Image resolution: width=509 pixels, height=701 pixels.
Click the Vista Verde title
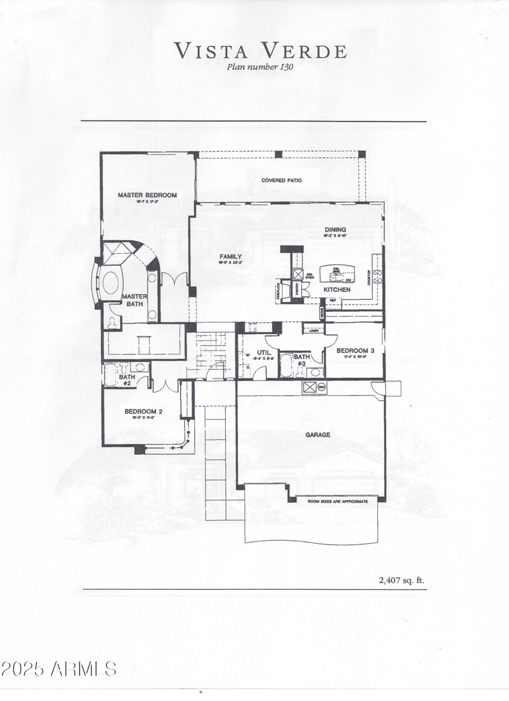261,50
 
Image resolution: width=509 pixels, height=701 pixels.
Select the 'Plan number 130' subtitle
261,66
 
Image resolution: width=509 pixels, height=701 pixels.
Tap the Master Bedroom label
147,195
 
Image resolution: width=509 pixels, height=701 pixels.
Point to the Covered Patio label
281,181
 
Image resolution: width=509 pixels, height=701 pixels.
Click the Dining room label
335,230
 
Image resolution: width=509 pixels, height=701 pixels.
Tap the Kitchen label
337,289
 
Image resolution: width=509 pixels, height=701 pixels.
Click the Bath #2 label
125,380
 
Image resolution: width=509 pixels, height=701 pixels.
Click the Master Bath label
134,300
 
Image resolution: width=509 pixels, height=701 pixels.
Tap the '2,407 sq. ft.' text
400,580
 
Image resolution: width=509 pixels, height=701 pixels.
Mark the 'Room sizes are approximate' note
338,501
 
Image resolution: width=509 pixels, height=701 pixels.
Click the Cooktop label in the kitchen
368,278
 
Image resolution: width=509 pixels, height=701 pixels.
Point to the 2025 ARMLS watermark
59,669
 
